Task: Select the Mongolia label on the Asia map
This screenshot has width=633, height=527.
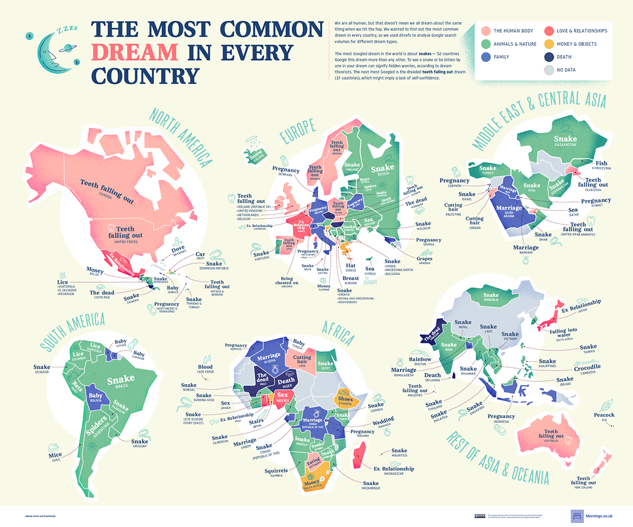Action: pos(491,299)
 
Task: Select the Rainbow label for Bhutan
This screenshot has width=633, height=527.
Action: pos(419,359)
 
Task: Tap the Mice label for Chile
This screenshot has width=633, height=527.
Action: pos(55,455)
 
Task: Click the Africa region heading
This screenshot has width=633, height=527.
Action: pos(338,332)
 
